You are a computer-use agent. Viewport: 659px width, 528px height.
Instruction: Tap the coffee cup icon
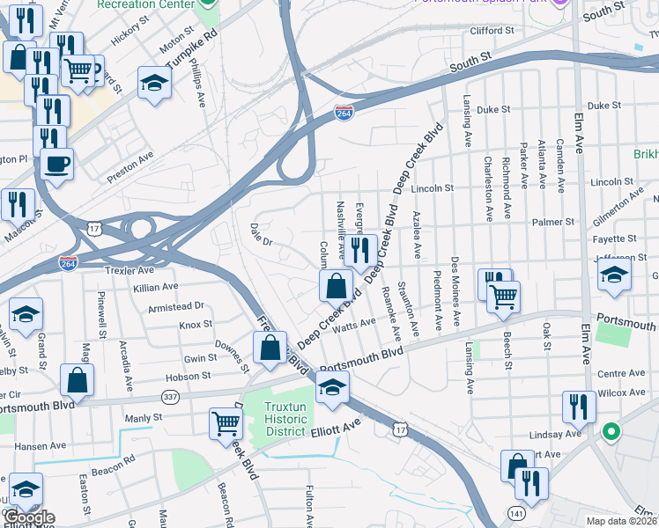57,164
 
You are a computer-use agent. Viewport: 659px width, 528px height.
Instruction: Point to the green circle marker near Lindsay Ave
609,433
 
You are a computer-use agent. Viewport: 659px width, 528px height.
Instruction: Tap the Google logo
28,517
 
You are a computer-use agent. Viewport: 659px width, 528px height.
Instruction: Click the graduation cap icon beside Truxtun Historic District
332,387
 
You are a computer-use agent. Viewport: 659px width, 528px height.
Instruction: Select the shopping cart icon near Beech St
503,297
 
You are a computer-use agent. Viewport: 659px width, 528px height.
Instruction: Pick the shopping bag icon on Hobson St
78,380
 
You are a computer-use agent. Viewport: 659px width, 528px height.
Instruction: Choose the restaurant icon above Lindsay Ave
579,406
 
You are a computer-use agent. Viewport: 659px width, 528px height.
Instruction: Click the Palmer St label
557,223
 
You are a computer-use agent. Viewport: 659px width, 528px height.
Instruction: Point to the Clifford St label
492,31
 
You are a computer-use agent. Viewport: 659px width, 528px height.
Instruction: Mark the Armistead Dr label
176,306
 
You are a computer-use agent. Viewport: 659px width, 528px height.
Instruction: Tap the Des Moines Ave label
455,291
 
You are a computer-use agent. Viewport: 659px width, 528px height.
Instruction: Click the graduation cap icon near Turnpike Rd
154,83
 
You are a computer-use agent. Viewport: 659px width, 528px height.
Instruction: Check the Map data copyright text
622,521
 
